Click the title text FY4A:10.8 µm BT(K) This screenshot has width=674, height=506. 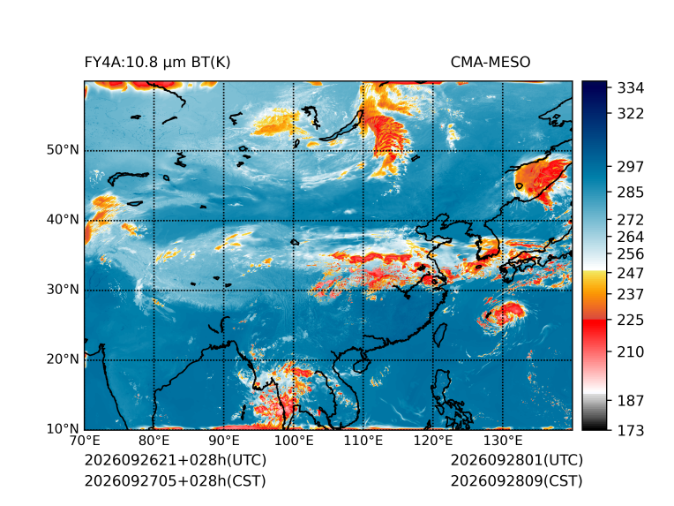pos(157,63)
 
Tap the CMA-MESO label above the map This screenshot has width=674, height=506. pos(491,63)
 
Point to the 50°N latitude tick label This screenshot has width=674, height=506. pos(63,150)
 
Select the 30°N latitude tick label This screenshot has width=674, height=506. pos(63,290)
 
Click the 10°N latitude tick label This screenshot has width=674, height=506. pos(63,428)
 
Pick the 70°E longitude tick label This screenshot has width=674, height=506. pos(85,441)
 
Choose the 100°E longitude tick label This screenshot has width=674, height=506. pos(294,441)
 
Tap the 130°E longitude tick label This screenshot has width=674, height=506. pos(503,441)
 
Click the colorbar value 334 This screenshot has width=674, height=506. pos(631,88)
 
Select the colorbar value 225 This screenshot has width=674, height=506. pos(631,321)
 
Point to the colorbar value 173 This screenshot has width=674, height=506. pos(631,430)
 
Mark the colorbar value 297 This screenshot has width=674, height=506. pos(631,167)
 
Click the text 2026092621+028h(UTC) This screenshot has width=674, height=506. pos(176,460)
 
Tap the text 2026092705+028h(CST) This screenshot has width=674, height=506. pos(175,481)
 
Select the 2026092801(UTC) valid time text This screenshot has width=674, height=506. pos(517,460)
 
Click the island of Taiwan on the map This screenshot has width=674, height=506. pos(440,336)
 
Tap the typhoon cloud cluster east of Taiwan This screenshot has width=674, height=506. pos(503,315)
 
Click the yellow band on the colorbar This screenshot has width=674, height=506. pos(595,280)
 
